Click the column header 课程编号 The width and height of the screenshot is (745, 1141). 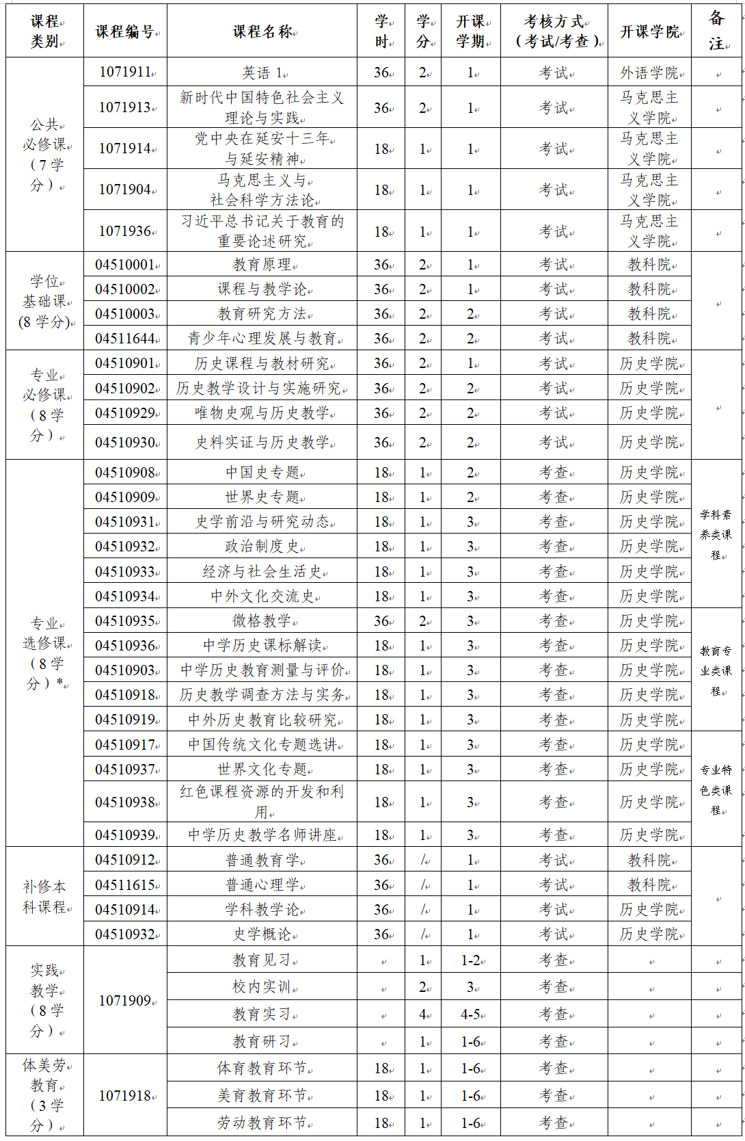click(124, 31)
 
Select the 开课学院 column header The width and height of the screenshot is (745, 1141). click(649, 31)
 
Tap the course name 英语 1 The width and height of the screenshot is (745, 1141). click(262, 73)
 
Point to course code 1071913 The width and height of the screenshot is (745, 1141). click(125, 107)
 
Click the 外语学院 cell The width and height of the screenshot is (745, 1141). click(649, 73)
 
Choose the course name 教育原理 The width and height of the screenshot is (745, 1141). click(262, 265)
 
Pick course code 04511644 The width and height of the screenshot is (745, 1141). click(125, 339)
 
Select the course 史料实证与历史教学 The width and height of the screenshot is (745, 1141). click(262, 443)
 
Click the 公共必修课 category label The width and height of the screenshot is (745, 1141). click(44, 155)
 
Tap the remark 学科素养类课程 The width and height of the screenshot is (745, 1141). click(716, 534)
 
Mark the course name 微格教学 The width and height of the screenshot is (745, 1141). click(262, 621)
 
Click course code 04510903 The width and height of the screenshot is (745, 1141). click(125, 670)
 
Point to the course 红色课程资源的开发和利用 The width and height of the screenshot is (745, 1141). click(262, 802)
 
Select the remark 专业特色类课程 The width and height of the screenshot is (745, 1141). click(716, 789)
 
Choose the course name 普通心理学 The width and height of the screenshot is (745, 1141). click(262, 885)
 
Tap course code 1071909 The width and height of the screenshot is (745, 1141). click(125, 1001)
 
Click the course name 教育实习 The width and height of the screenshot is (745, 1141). click(262, 1014)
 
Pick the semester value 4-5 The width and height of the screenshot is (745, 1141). click(470, 1014)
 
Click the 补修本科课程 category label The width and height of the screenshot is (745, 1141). click(44, 897)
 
